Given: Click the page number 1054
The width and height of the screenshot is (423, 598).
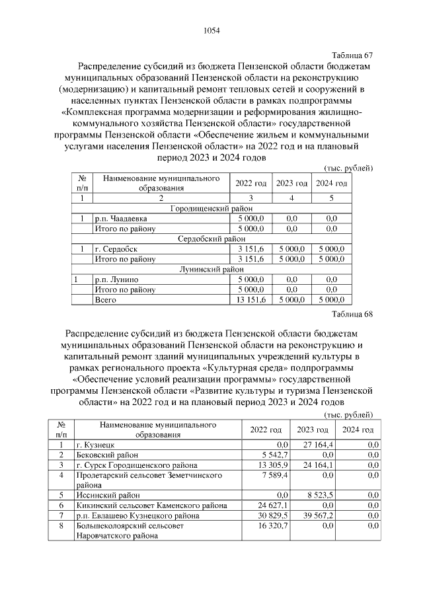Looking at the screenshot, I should pos(211,30).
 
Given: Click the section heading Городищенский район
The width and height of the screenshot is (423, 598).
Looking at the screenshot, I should pos(211,208).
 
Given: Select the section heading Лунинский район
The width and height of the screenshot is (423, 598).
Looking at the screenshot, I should pos(211,269).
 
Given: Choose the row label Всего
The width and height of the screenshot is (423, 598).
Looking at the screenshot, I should pos(105,300).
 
